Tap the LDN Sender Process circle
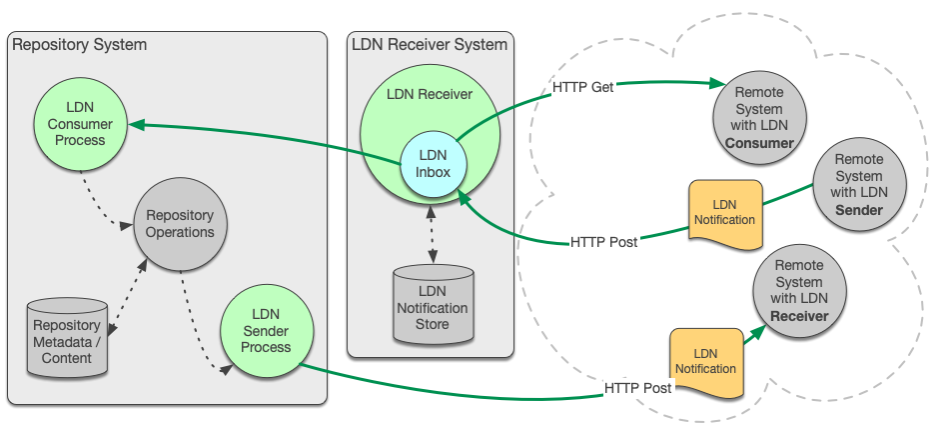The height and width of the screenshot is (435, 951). tap(266, 332)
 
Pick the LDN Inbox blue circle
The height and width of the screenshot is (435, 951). tap(433, 163)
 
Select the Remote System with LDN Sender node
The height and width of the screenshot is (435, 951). tap(859, 184)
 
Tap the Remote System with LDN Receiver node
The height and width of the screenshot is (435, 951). tap(799, 290)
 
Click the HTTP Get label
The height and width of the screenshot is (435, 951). tap(583, 88)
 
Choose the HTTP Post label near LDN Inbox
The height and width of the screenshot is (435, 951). tap(603, 242)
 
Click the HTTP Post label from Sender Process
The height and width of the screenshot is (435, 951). tap(638, 388)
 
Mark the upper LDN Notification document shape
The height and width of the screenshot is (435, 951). tap(725, 213)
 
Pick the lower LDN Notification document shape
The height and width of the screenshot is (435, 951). tap(706, 361)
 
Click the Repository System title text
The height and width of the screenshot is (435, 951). tap(79, 45)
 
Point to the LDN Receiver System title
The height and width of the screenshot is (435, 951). tap(430, 45)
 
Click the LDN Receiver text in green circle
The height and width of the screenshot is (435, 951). tap(430, 95)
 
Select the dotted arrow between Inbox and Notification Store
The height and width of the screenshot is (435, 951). tap(433, 236)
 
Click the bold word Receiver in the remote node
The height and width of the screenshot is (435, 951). tap(799, 316)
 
